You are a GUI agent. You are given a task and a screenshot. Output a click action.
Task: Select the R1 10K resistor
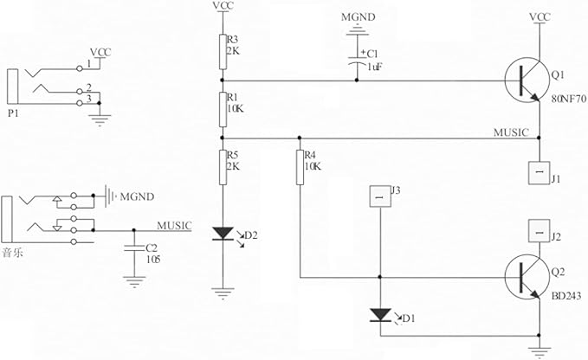pyautogui.click(x=223, y=109)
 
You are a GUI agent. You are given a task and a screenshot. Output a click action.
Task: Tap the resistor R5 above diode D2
pyautogui.click(x=223, y=168)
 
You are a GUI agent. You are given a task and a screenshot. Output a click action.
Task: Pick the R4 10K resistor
pyautogui.click(x=300, y=167)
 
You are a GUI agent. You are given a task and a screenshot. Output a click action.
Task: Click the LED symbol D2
pyautogui.click(x=223, y=233)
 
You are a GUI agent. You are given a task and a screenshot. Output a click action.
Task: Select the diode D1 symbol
pyautogui.click(x=380, y=314)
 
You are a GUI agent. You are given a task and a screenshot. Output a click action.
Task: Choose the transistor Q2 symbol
pyautogui.click(x=530, y=278)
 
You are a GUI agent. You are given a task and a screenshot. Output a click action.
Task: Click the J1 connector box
pyautogui.click(x=538, y=172)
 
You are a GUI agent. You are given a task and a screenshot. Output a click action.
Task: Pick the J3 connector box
pyautogui.click(x=380, y=196)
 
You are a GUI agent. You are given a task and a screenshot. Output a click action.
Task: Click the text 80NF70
pyautogui.click(x=569, y=100)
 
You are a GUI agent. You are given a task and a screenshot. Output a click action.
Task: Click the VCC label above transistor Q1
pyautogui.click(x=539, y=16)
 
